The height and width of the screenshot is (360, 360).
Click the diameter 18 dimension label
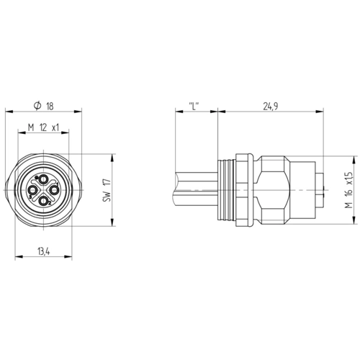click(x=44, y=106)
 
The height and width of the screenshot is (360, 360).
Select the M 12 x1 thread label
click(x=43, y=127)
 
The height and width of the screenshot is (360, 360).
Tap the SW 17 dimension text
click(x=107, y=190)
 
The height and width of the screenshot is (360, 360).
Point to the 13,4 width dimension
click(x=43, y=252)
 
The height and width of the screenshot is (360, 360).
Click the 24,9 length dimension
click(x=271, y=106)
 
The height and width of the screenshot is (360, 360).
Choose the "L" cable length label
click(x=194, y=106)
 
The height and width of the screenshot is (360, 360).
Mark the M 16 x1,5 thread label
click(x=348, y=190)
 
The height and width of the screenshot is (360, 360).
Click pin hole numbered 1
click(x=54, y=190)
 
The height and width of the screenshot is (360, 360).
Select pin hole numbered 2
click(x=43, y=201)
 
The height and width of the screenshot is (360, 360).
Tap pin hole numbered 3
click(x=32, y=190)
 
